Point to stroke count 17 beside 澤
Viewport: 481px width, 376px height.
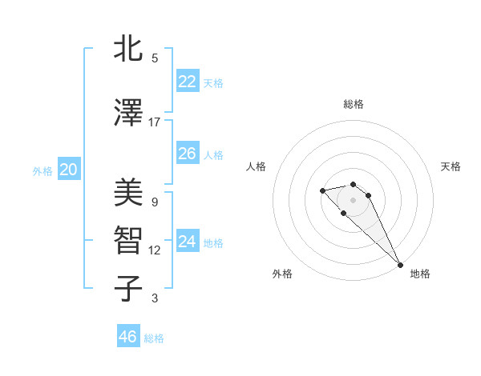coord(155,122)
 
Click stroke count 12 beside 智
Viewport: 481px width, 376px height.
coord(155,250)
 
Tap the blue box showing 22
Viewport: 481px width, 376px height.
coord(187,82)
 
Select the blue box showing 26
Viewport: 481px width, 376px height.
coord(187,154)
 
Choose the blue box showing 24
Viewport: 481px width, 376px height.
coord(187,241)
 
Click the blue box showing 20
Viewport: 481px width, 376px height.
coord(69,170)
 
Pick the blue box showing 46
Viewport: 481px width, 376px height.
coord(128,337)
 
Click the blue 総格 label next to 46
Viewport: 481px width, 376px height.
coord(154,338)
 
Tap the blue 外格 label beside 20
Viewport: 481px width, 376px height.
coord(42,170)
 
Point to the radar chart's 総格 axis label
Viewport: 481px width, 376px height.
coord(354,104)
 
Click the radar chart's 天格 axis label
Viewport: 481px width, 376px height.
coord(451,166)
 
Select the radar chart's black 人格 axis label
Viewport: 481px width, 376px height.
coord(256,166)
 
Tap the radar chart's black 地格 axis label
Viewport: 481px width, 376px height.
coord(420,274)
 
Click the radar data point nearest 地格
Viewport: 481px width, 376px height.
coord(400,265)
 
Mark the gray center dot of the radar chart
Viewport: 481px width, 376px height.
coord(354,200)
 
